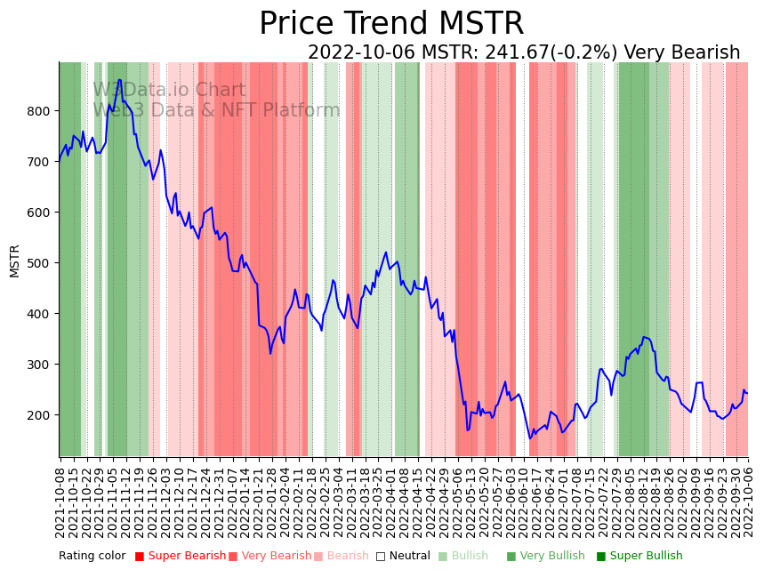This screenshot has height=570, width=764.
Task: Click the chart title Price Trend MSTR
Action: point(391,24)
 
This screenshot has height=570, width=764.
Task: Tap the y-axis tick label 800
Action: point(39,111)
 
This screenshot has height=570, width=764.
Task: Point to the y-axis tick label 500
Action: point(39,263)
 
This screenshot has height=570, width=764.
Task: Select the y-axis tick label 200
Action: point(39,415)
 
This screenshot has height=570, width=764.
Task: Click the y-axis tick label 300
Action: point(39,365)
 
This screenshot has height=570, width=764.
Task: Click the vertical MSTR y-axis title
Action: point(15,261)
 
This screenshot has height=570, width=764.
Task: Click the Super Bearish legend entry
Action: point(181,557)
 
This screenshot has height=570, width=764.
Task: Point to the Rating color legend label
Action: point(92,557)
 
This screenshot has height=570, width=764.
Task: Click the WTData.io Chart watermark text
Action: point(169,90)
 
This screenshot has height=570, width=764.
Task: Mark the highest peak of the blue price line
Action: point(119,80)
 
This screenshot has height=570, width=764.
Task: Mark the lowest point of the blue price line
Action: point(530,438)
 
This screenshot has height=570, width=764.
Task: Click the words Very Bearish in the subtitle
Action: point(682,53)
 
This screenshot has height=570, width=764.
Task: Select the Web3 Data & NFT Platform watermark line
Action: point(216,110)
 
